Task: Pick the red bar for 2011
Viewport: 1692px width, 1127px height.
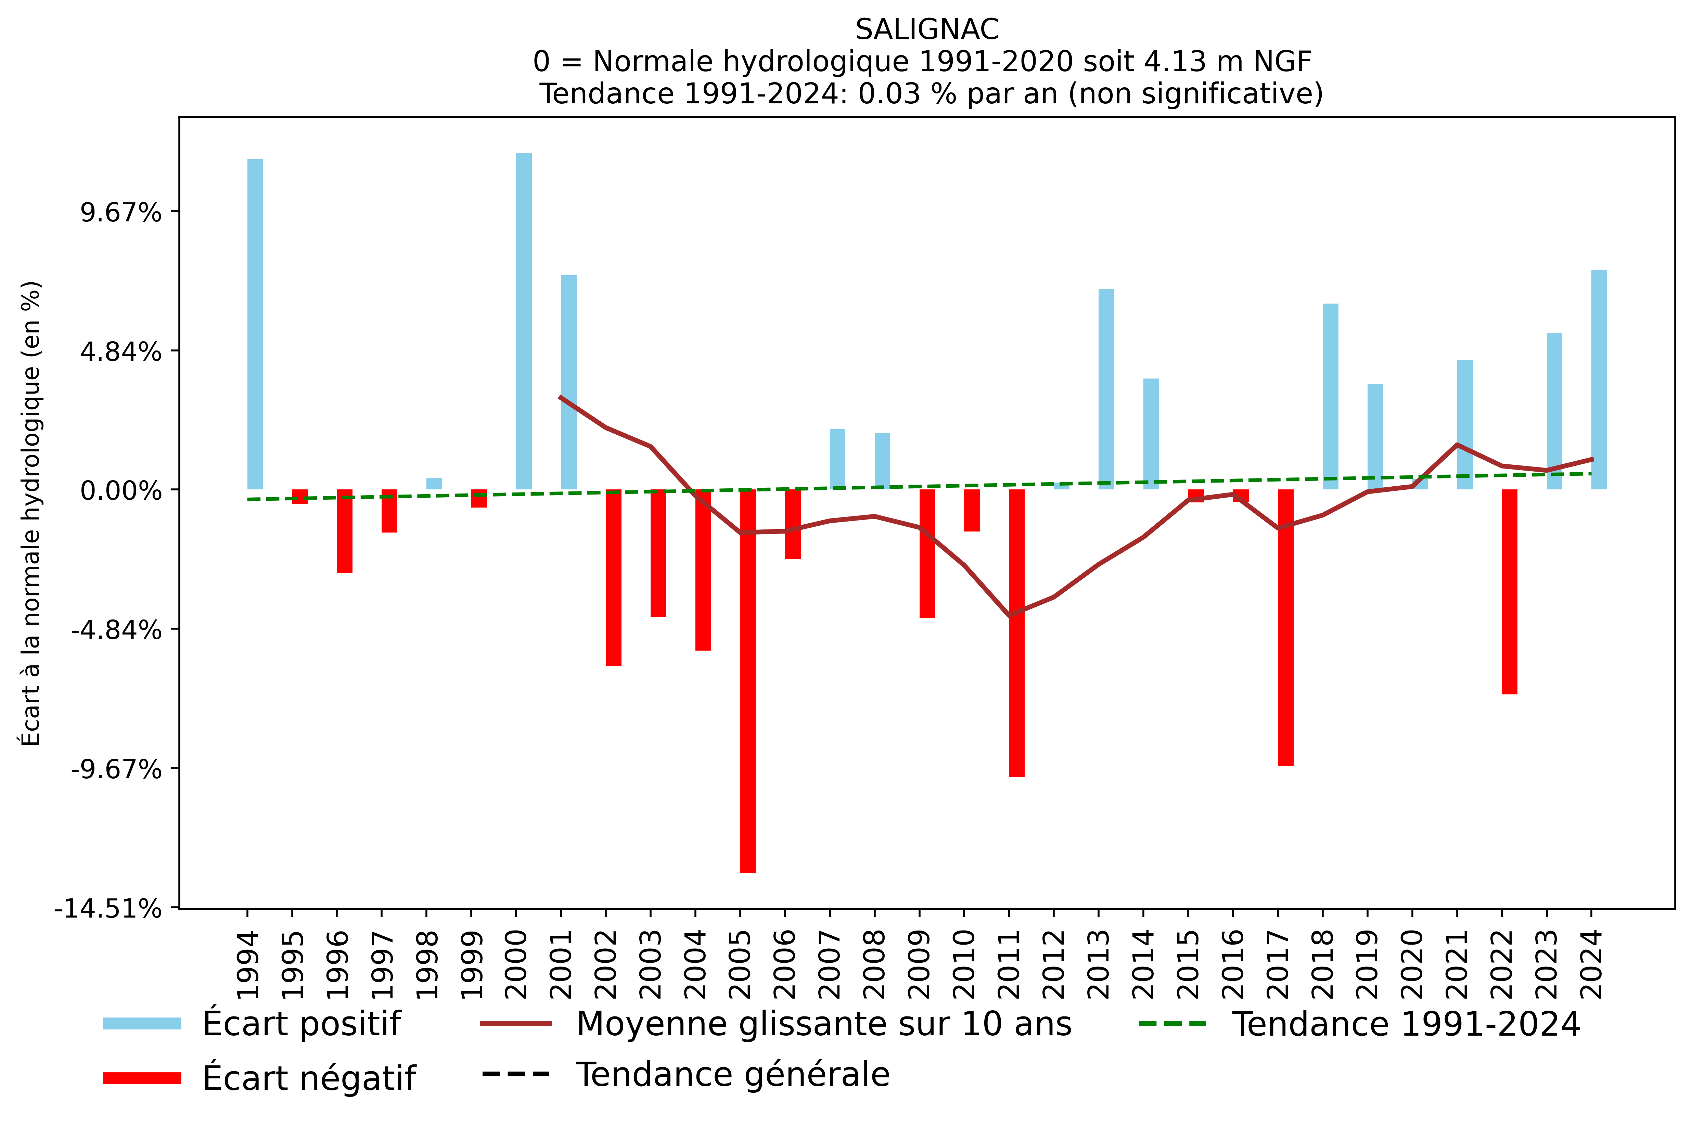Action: pyautogui.click(x=1016, y=632)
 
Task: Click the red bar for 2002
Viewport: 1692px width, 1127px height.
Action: pyautogui.click(x=613, y=577)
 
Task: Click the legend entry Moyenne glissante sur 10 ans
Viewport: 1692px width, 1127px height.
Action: pyautogui.click(x=823, y=1024)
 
